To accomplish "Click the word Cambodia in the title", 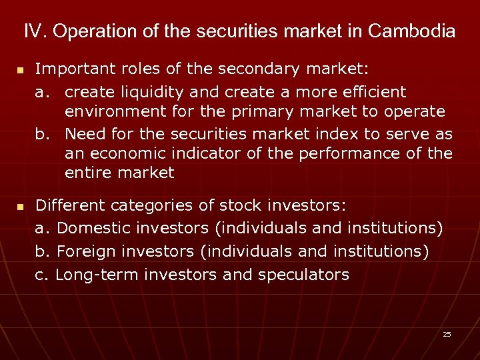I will (x=411, y=31).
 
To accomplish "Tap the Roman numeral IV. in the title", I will (x=35, y=31).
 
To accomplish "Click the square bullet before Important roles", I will (x=20, y=70).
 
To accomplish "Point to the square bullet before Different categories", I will (x=20, y=208).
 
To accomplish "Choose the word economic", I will (x=124, y=154).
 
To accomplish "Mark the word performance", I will (x=351, y=154).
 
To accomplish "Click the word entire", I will (x=87, y=173).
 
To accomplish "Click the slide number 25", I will (x=447, y=334).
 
